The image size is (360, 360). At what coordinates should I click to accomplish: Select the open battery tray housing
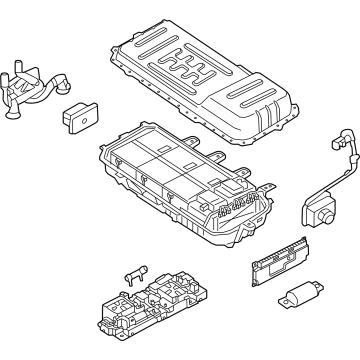tap(180, 185)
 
